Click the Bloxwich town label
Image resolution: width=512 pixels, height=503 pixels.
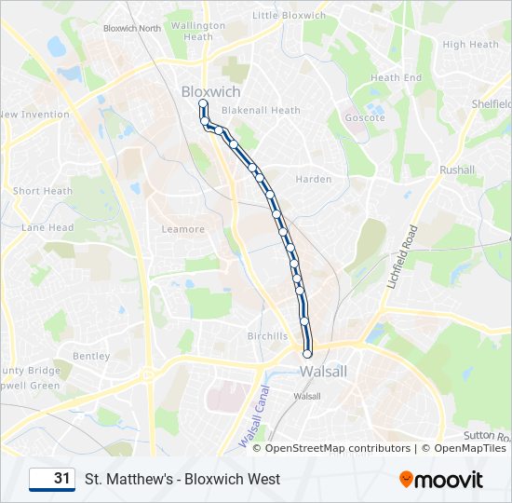[210, 92]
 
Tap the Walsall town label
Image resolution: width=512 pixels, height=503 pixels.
[324, 371]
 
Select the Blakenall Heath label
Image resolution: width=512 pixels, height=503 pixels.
[260, 110]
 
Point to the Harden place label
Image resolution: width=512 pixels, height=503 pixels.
[313, 179]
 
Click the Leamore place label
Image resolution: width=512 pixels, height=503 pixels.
[182, 229]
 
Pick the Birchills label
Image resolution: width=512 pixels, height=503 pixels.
[267, 335]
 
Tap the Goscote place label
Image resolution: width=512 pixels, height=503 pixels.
[365, 118]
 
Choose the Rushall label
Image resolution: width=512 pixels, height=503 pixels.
[457, 170]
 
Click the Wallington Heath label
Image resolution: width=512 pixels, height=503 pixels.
[198, 32]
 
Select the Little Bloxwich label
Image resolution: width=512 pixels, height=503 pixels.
[290, 15]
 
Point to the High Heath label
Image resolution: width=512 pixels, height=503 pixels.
[470, 44]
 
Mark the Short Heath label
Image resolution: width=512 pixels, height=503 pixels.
[43, 191]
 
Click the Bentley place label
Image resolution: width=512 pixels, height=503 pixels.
[91, 356]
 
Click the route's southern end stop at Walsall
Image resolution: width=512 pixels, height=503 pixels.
[307, 353]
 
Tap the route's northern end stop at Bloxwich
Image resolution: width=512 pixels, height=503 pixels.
[202, 103]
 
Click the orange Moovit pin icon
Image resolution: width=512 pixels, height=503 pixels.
[406, 479]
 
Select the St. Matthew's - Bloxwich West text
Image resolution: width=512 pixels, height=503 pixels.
[182, 480]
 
